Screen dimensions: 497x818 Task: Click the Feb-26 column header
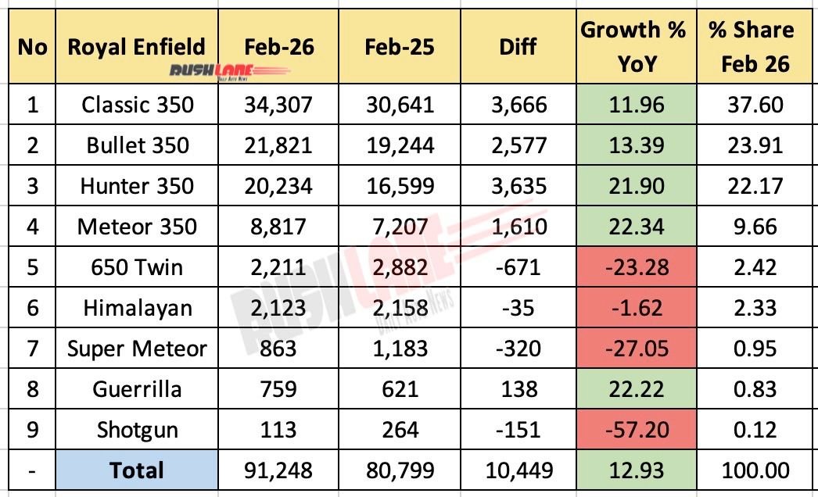(x=279, y=47)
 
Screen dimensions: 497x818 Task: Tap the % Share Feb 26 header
(x=750, y=47)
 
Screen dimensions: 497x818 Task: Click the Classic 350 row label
(x=137, y=105)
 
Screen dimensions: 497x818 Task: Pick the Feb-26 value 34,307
(x=279, y=105)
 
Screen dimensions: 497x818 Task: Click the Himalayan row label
(x=137, y=308)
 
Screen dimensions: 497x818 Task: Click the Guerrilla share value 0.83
(x=750, y=389)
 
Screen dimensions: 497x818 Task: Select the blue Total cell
(x=137, y=470)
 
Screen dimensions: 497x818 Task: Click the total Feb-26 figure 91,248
(x=279, y=470)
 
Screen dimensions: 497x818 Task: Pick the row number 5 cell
(x=32, y=267)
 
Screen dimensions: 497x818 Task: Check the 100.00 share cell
(x=750, y=470)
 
